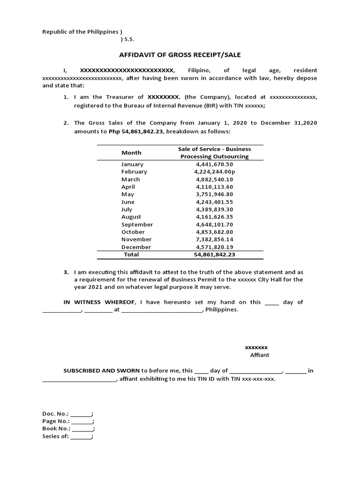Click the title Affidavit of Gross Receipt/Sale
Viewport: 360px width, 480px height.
[180, 55]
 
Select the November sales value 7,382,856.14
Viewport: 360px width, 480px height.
[214, 239]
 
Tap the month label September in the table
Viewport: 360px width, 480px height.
[137, 224]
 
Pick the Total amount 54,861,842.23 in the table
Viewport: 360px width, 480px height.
[214, 255]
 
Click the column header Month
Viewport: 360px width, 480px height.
[131, 152]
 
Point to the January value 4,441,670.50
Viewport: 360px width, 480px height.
[214, 164]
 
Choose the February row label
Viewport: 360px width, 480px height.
[134, 172]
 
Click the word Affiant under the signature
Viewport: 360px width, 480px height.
[259, 355]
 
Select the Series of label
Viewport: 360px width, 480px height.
[55, 436]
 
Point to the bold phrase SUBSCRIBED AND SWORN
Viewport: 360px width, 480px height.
[101, 370]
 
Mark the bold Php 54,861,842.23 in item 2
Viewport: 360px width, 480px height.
[136, 132]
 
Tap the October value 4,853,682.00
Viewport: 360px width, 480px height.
[214, 232]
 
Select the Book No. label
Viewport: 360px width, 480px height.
[56, 428]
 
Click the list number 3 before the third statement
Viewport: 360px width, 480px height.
[66, 272]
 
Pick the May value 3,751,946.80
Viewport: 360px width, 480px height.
[214, 194]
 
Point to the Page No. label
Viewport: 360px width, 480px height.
[56, 421]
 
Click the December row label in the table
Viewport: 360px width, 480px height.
[136, 247]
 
